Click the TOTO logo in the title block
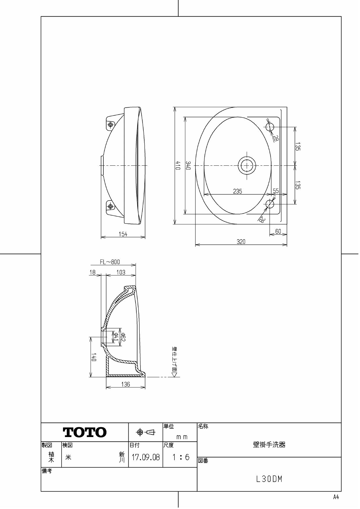point(85,433)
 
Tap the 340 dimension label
point(188,165)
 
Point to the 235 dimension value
point(237,191)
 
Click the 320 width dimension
point(241,242)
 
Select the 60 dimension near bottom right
point(278,231)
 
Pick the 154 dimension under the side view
point(123,234)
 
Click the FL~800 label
point(110,262)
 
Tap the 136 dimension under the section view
point(125,384)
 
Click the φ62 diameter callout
point(123,337)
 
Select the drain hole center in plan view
point(247,165)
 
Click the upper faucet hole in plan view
point(270,127)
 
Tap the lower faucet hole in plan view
point(270,204)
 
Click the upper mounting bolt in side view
point(110,124)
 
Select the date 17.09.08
point(146,458)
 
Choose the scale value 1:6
point(180,458)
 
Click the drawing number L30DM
point(269,479)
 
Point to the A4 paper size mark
point(336,497)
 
